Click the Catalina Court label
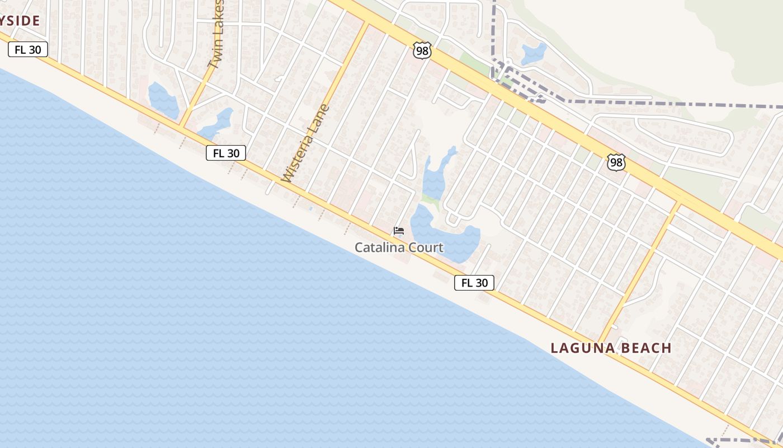coord(399,248)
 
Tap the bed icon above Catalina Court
coord(399,231)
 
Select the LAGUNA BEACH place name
coord(611,348)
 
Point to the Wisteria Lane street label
coord(306,144)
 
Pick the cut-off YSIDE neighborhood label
coord(20,21)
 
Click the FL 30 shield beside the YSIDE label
coord(28,49)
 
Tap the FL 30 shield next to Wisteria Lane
coord(226,153)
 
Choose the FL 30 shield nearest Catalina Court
coord(474,283)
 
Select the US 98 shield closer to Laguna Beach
coord(616,163)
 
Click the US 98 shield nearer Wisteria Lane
coord(422,50)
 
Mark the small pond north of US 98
coord(533,54)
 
